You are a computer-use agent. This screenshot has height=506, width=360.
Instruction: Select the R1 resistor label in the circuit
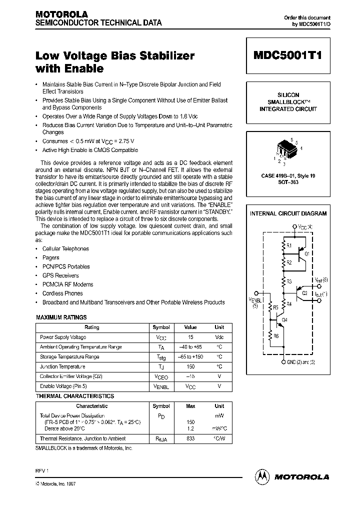288,245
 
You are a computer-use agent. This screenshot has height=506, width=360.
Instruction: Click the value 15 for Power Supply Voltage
190,337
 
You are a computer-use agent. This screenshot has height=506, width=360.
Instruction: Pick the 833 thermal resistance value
190,438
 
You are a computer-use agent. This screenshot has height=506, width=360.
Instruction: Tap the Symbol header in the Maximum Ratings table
161,327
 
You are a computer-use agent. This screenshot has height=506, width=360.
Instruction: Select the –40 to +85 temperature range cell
190,347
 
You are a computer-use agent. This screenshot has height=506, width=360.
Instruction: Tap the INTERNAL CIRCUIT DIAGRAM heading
288,213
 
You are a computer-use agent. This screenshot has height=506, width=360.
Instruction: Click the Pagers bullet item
50,257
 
